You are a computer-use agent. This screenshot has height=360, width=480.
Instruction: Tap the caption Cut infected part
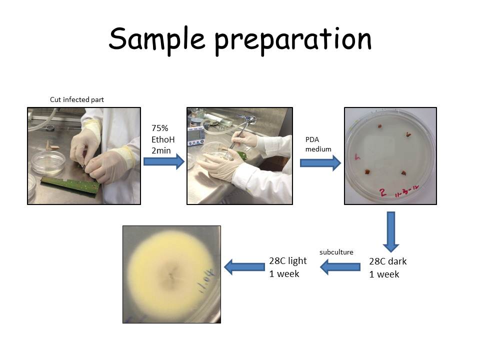[x=76, y=99]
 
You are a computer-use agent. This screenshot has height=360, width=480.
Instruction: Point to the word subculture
[x=336, y=252]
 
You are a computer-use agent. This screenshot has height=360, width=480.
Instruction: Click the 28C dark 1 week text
[x=387, y=267]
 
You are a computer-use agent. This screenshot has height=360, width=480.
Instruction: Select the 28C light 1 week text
[x=287, y=267]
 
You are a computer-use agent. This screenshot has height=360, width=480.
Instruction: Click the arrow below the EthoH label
[x=164, y=161]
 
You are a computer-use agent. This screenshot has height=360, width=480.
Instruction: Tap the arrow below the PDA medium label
[x=320, y=163]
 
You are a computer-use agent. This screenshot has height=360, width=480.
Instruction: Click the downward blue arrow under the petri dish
[x=391, y=231]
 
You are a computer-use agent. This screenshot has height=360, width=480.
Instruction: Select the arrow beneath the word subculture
[x=340, y=267]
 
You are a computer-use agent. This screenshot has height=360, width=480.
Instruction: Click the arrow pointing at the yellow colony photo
[x=244, y=267]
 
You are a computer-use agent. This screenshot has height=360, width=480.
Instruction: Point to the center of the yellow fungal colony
[x=171, y=273]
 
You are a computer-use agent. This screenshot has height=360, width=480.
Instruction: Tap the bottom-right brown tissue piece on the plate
[x=402, y=173]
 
